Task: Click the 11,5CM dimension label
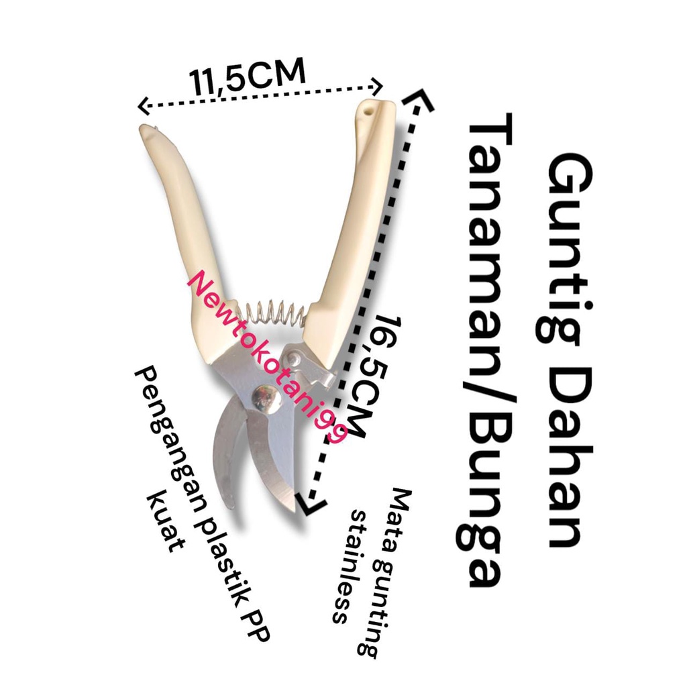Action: [247, 76]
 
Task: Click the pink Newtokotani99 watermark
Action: [267, 357]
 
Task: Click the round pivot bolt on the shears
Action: [266, 398]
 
